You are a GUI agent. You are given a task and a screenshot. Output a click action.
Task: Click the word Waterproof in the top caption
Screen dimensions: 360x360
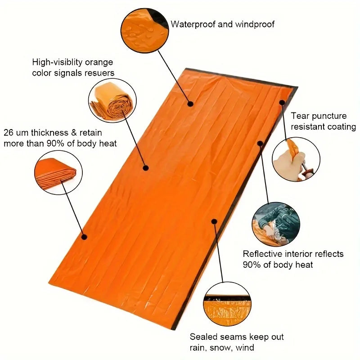pyautogui.click(x=192, y=24)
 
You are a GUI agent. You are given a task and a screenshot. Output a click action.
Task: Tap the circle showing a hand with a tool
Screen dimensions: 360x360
pyautogui.click(x=296, y=159)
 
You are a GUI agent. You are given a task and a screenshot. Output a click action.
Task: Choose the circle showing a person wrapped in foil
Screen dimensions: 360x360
pyautogui.click(x=275, y=224)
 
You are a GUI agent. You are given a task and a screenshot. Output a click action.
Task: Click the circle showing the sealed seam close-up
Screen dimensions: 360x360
pyautogui.click(x=226, y=306)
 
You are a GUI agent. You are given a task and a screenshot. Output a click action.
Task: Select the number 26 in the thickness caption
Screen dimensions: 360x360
pyautogui.click(x=9, y=133)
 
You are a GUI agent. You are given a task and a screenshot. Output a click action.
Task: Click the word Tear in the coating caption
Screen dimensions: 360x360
pyautogui.click(x=299, y=116)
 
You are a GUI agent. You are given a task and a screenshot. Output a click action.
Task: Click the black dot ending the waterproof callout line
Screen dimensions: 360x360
pyautogui.click(x=190, y=104)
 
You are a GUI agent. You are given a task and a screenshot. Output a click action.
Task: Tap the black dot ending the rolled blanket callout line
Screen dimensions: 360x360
pyautogui.click(x=146, y=168)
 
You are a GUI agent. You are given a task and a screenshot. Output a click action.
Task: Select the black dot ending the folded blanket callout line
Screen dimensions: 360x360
pyautogui.click(x=84, y=237)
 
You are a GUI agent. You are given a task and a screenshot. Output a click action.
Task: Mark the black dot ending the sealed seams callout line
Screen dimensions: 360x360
pyautogui.click(x=214, y=221)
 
